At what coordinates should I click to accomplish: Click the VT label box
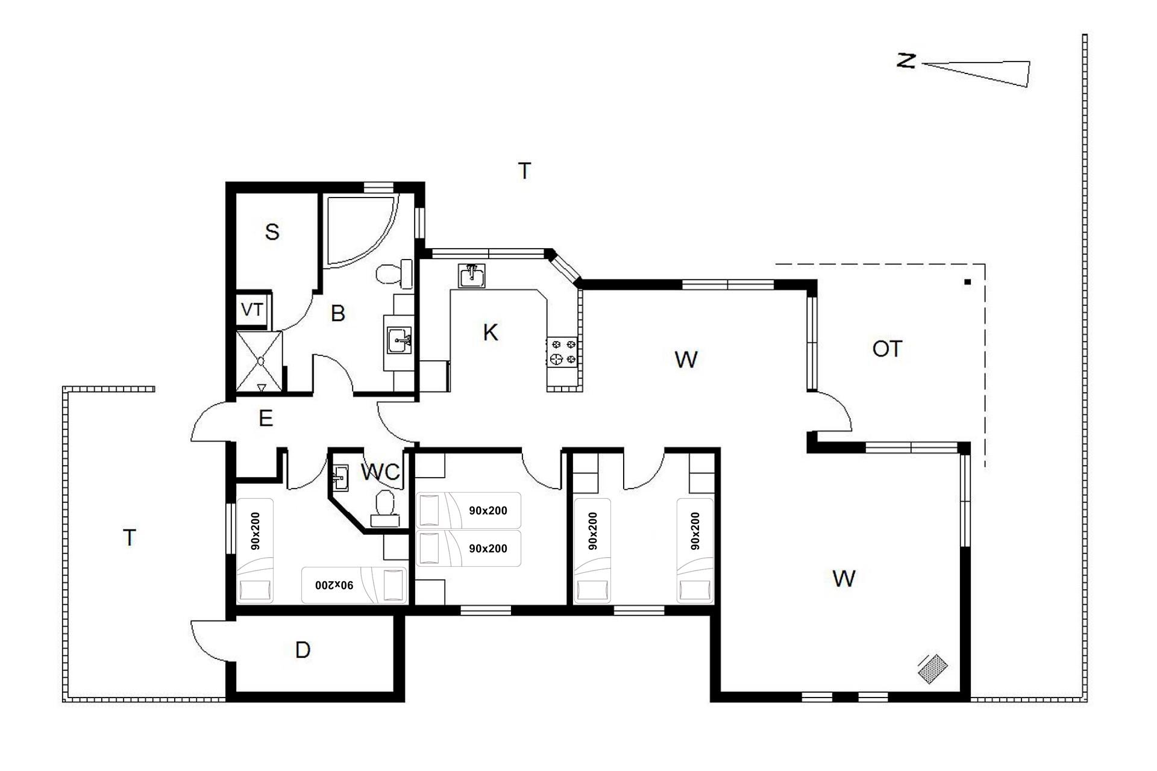[252, 310]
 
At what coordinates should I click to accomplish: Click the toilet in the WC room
[384, 508]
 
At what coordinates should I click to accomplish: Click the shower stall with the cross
[260, 361]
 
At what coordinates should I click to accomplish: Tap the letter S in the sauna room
[272, 232]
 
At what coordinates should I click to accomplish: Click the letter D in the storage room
[303, 650]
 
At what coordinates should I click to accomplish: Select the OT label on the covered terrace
[887, 349]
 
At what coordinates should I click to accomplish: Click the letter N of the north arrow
[906, 61]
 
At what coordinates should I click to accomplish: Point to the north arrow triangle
[976, 72]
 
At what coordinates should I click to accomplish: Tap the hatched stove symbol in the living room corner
[933, 669]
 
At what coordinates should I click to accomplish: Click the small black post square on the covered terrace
[968, 282]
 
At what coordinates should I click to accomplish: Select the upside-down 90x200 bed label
[334, 585]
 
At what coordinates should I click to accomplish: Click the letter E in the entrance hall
[266, 418]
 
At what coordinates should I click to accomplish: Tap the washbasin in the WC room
[340, 478]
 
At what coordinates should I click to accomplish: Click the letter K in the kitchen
[491, 332]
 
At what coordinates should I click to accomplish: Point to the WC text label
[380, 472]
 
